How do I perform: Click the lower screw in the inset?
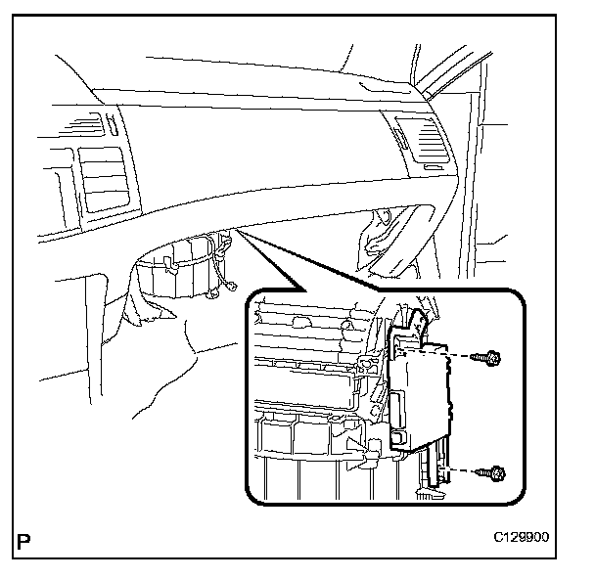(x=495, y=473)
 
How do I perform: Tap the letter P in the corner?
(x=22, y=541)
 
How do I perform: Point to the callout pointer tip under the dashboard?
(x=235, y=232)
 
